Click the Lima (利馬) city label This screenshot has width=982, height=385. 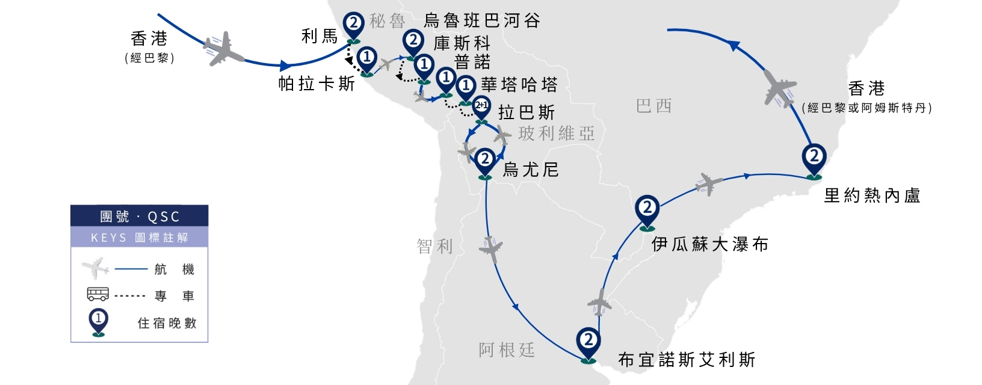pos(320,37)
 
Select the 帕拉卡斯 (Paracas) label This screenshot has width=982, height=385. pos(317,84)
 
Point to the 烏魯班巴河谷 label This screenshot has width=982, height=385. pos(482,20)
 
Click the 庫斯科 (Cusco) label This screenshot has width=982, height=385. pos(462,43)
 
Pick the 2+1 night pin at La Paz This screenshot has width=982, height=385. pos(481,108)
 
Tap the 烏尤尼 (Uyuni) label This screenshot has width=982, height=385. pos(531,170)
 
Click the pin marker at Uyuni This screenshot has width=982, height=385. pos(485,162)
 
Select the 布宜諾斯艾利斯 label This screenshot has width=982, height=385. pos(687,360)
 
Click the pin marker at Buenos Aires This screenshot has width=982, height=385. pos(588,343)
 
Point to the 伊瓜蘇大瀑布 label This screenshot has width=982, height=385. pos(710,244)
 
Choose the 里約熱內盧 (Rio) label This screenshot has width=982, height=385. pos(872,196)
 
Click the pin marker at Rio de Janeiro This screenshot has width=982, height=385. pos(814,161)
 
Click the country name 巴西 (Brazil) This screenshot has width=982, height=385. pos(654,106)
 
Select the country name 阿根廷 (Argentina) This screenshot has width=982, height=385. pos(507,350)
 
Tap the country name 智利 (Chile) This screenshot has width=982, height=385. pos(434,247)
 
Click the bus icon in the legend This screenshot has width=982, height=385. pos(97,294)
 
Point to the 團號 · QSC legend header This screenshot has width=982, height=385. pos(140,216)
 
